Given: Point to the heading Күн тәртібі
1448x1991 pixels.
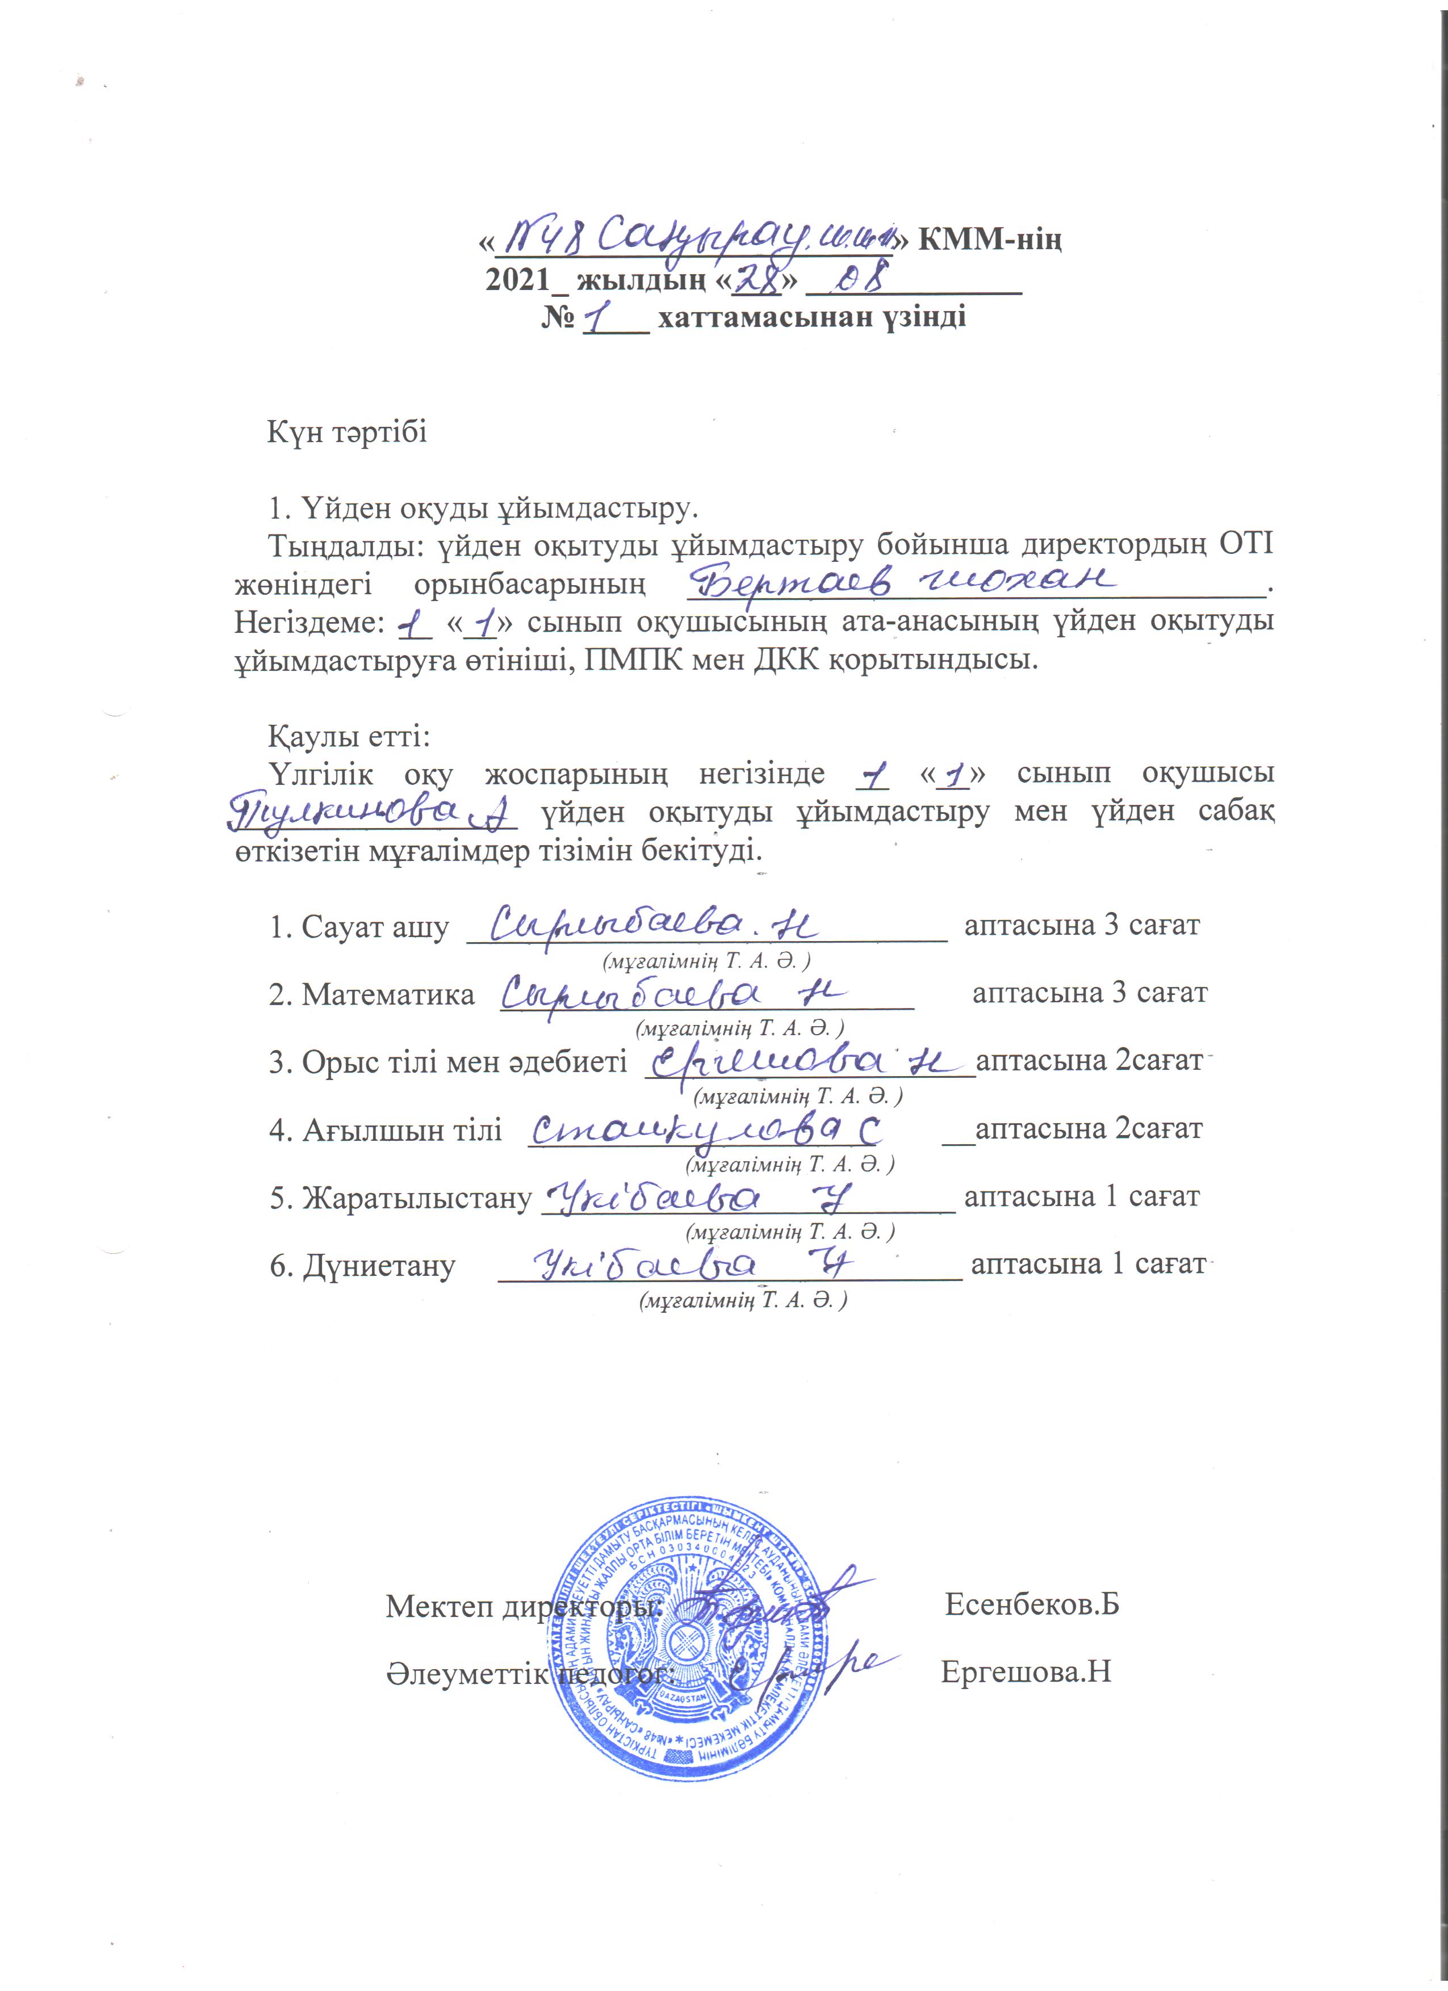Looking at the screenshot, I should click(x=347, y=433).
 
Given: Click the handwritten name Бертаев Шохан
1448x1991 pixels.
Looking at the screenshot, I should click(x=905, y=582).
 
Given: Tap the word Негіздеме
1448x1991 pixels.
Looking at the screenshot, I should click(x=307, y=623).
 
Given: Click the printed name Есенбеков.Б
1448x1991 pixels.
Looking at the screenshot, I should click(x=1032, y=1606).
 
